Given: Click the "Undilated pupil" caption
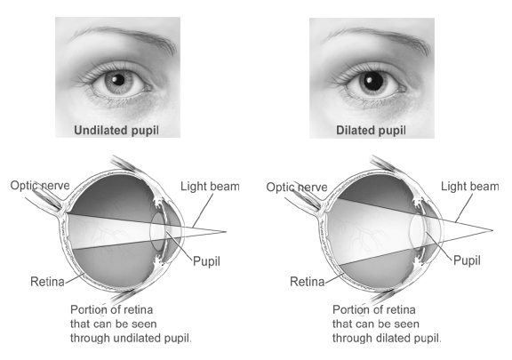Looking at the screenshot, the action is [116, 131].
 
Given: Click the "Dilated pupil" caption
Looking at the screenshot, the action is [371, 131].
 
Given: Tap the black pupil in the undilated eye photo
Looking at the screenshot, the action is [118, 79].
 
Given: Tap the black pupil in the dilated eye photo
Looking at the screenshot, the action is [373, 81].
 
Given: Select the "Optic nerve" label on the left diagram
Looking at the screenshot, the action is [40, 186].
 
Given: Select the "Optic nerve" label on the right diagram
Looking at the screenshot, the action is [297, 188].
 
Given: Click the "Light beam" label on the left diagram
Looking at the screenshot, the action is [210, 186].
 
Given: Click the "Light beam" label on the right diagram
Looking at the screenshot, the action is [470, 186].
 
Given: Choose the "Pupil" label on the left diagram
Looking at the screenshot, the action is [206, 261].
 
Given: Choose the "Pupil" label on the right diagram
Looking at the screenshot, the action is [467, 260].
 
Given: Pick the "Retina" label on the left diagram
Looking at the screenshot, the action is [47, 282].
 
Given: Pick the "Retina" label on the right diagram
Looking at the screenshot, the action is [308, 282].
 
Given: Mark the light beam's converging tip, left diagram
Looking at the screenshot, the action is [226, 232].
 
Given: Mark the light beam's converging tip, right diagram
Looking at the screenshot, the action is [492, 230].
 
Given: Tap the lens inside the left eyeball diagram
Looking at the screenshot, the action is [157, 231].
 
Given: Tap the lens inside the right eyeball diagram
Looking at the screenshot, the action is [417, 231].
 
